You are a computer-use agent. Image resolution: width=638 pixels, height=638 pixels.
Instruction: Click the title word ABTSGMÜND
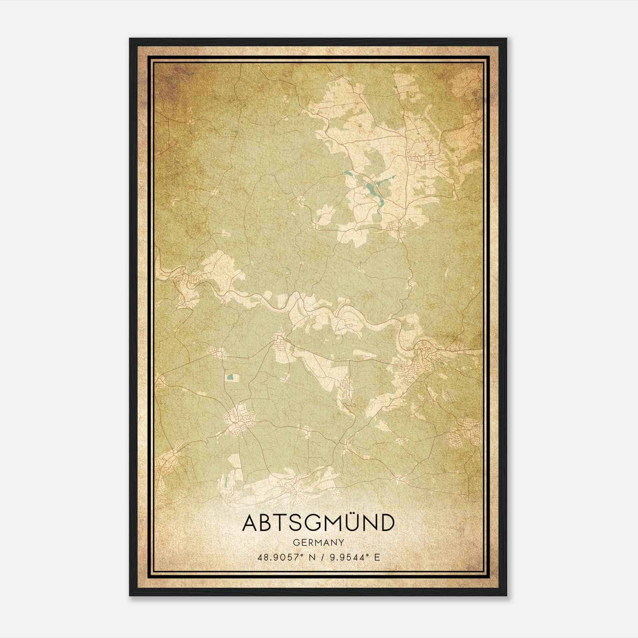tap(318, 523)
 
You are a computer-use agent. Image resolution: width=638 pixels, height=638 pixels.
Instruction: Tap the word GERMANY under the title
tap(318, 543)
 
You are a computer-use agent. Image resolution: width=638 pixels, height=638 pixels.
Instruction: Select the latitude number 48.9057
tap(278, 557)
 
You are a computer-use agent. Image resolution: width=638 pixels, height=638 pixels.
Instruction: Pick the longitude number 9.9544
tap(347, 557)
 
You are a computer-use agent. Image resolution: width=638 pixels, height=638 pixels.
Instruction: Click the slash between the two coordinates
tap(325, 557)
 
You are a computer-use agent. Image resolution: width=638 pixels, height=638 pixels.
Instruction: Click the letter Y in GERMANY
tap(341, 543)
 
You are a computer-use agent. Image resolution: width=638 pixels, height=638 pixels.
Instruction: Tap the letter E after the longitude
tap(377, 557)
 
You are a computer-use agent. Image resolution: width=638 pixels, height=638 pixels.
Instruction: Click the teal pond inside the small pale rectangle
tap(230, 377)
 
